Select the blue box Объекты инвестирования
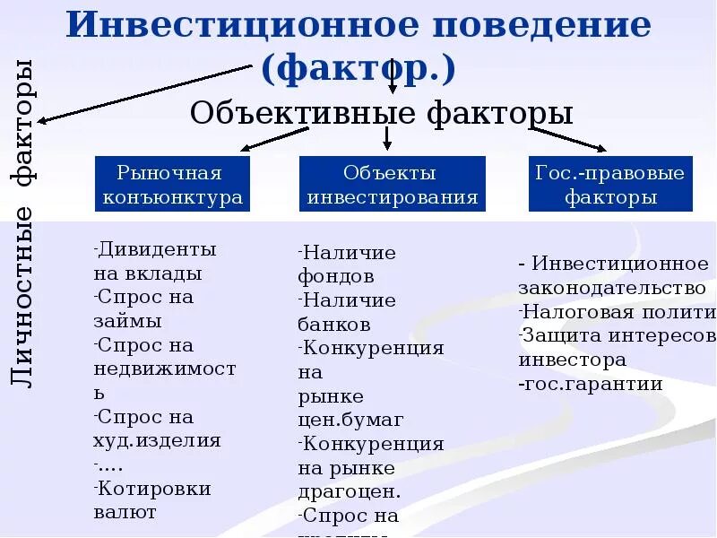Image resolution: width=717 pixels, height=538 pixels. tap(392, 185)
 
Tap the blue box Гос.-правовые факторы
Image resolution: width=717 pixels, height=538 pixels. tap(611, 185)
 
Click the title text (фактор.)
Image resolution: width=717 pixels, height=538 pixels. tap(358, 67)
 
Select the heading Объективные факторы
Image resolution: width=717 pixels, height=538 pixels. tap(382, 114)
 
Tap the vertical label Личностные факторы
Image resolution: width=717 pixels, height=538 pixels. tap(25, 224)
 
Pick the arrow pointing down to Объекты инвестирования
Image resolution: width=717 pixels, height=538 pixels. tap(387, 137)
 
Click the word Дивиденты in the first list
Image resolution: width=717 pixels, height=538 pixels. tap(158, 249)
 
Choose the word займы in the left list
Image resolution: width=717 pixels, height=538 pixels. tap(127, 320)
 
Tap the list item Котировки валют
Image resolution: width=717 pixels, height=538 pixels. tap(152, 500)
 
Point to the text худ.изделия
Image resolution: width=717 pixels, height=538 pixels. tap(157, 440)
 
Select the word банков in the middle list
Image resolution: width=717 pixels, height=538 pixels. tap(334, 324)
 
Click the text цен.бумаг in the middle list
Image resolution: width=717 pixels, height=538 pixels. tap(350, 419)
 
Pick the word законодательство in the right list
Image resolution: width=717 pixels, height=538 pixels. tap(612, 288)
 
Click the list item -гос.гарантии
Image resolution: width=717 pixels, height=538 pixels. tap(591, 384)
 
